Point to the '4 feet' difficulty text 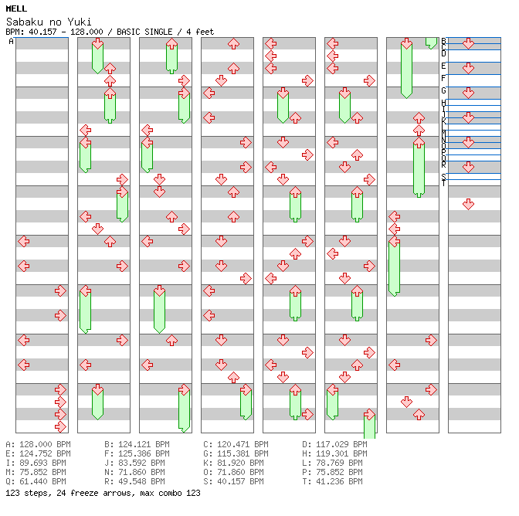point(199,32)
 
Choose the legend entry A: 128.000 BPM point(38,445)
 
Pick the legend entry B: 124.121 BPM point(137,445)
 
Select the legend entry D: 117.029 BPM point(334,445)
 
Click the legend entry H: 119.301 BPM point(334,454)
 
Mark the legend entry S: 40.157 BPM point(236,482)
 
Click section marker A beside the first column point(12,42)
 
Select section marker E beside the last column point(444,66)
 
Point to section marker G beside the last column point(444,91)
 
